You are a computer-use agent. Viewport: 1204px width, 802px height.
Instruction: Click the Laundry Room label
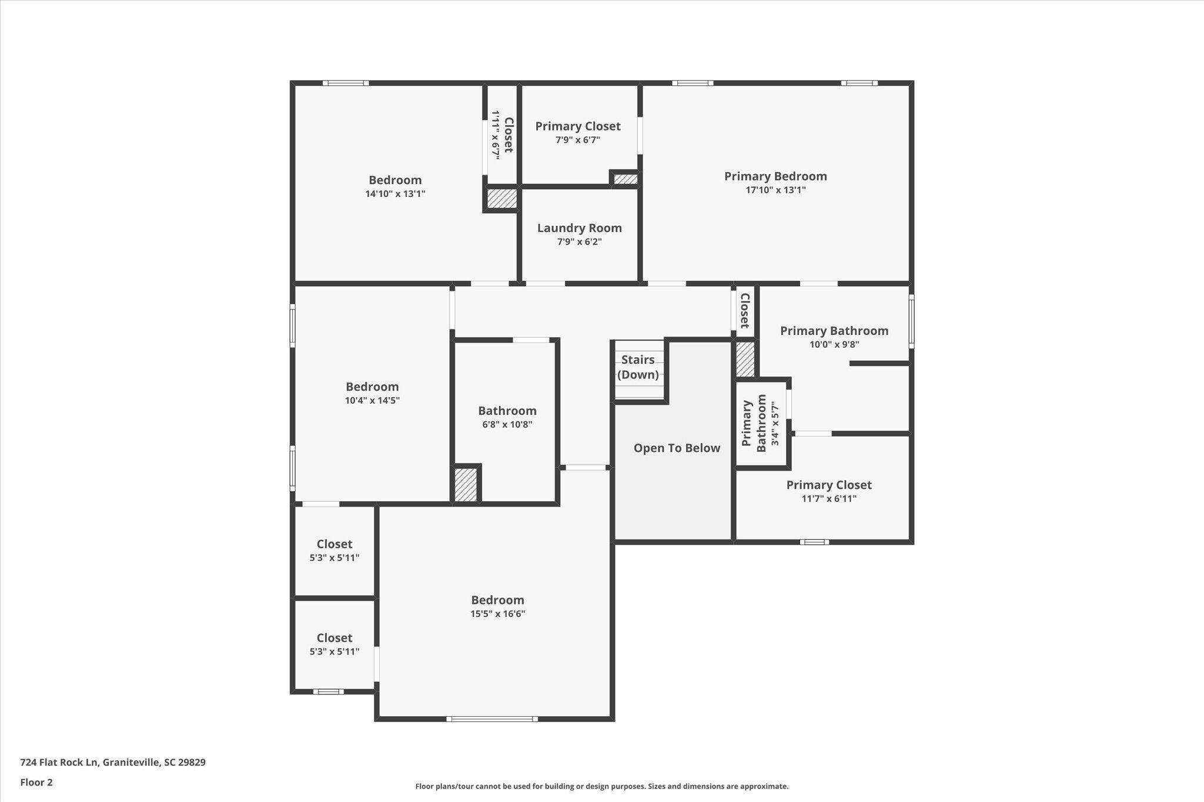pos(579,228)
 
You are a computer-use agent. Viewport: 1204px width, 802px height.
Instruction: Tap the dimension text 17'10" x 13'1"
pos(775,190)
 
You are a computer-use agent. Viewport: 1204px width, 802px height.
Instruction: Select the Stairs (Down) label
pos(638,367)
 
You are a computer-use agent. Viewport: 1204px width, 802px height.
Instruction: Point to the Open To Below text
pos(677,448)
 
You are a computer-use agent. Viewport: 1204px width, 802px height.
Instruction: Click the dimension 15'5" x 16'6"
pos(497,613)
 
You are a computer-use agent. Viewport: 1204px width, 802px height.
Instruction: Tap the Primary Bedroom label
pos(775,176)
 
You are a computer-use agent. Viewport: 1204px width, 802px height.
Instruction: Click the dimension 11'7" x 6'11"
pos(829,499)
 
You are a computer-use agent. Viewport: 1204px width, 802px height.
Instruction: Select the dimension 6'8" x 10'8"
pos(507,424)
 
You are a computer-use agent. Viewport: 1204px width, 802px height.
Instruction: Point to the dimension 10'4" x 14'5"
pos(372,400)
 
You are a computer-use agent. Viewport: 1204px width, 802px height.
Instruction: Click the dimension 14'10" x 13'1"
pos(395,193)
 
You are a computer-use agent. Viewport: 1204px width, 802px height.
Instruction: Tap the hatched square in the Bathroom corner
pos(466,485)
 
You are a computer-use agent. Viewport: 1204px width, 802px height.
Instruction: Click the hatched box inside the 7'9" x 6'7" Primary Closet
pos(626,179)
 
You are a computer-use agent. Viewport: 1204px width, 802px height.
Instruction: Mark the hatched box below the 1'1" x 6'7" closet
pos(502,198)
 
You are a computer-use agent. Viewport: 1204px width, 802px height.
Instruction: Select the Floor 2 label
pos(36,782)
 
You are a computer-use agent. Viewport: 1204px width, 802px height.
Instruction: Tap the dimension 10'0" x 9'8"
pos(834,344)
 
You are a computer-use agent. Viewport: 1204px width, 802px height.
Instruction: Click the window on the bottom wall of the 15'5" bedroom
pos(492,719)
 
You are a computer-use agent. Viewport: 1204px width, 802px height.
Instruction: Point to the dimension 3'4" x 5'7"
pos(775,423)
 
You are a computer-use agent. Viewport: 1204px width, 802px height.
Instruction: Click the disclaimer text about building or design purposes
pos(602,786)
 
